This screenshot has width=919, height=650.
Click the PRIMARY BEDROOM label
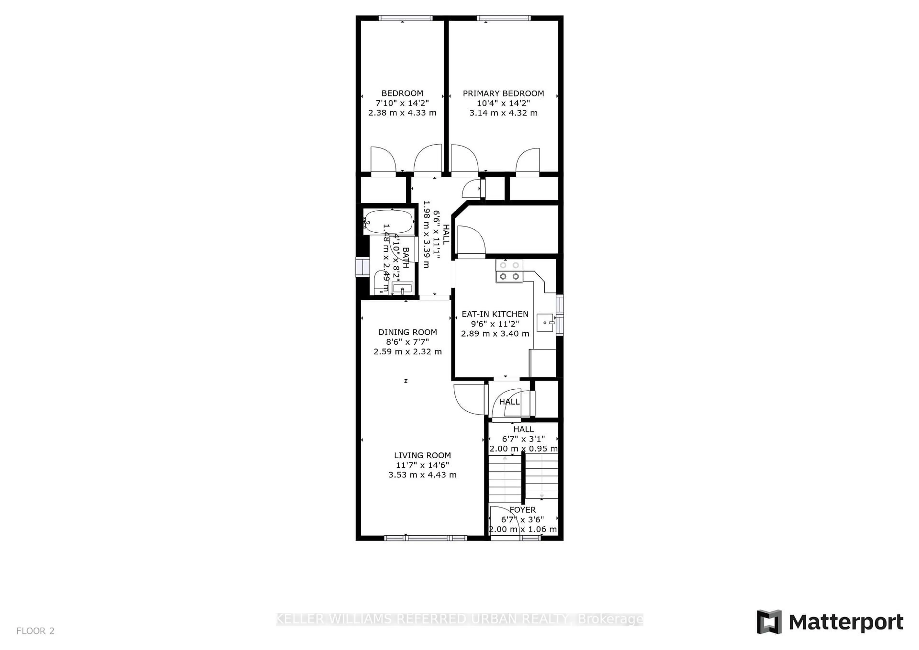point(503,93)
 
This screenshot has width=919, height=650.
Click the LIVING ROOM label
point(422,455)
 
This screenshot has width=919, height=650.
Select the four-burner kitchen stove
point(509,271)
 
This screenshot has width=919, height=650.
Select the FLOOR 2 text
point(35,631)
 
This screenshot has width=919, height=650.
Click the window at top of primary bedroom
point(504,18)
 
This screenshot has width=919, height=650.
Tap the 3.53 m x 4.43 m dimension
point(422,475)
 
